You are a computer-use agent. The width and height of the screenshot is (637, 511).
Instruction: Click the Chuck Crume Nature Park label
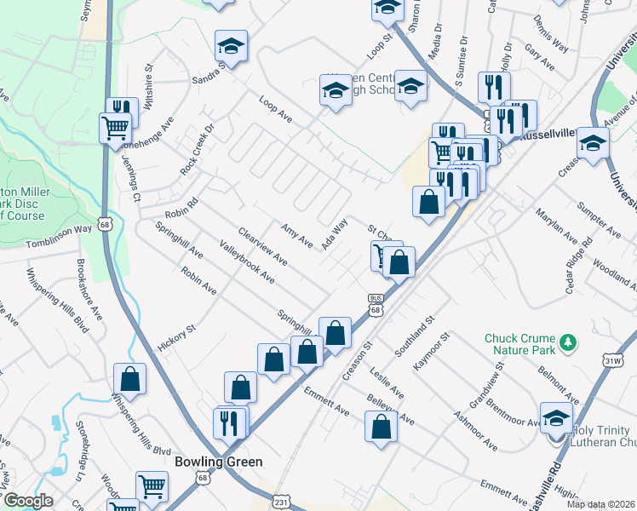[x=519, y=344]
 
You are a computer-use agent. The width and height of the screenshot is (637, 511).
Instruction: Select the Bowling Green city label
[x=218, y=461]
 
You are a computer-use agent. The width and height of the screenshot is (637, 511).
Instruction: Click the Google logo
[x=28, y=500]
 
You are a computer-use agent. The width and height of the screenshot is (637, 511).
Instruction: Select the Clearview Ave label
[x=262, y=245]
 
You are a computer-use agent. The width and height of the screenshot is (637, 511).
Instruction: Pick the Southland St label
[x=415, y=336]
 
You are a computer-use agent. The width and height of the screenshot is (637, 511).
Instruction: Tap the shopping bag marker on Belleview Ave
[x=381, y=425]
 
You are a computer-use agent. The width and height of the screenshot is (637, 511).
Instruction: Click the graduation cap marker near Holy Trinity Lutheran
[x=556, y=419]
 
